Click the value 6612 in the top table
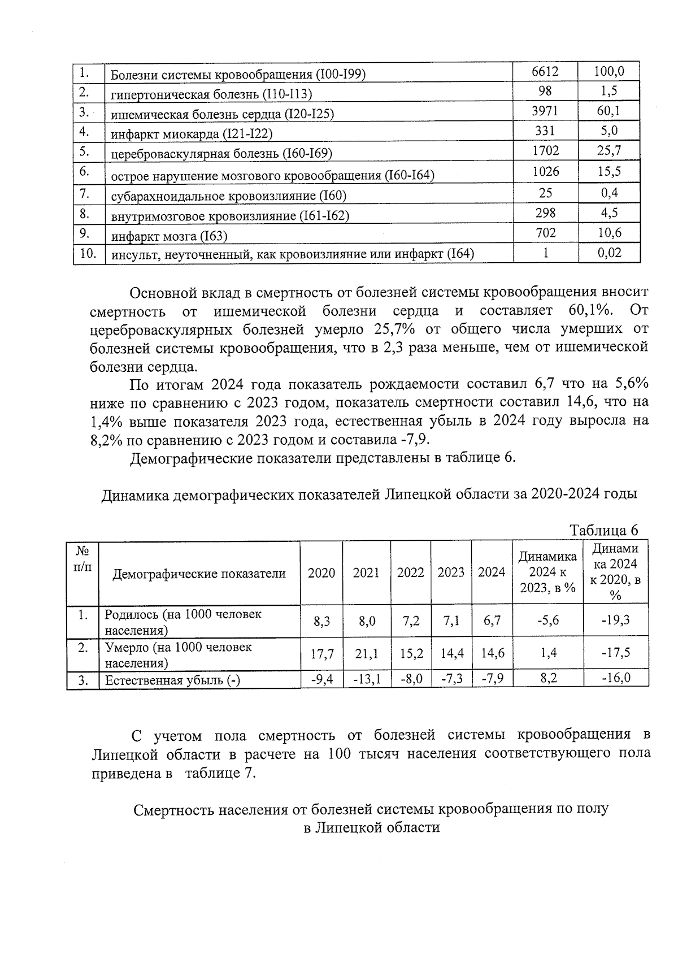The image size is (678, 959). click(x=545, y=72)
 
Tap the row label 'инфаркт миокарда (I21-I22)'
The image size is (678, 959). click(x=192, y=134)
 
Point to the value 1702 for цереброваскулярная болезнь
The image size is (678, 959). click(x=545, y=151)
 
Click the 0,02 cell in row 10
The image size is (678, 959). click(x=609, y=253)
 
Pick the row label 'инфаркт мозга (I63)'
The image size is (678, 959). click(x=169, y=236)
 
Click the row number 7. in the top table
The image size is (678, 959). click(x=85, y=194)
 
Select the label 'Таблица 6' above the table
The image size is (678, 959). click(x=604, y=530)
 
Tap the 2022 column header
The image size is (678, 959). click(x=410, y=572)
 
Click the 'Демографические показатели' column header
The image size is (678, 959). click(x=199, y=574)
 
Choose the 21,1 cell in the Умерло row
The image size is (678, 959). click(x=366, y=654)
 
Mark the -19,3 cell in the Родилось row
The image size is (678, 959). click(x=615, y=620)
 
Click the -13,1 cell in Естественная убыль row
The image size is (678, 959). click(x=367, y=679)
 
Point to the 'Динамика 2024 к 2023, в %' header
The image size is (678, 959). click(x=547, y=572)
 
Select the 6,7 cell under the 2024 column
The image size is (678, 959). click(x=492, y=621)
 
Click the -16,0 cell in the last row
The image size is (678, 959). click(x=615, y=678)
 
